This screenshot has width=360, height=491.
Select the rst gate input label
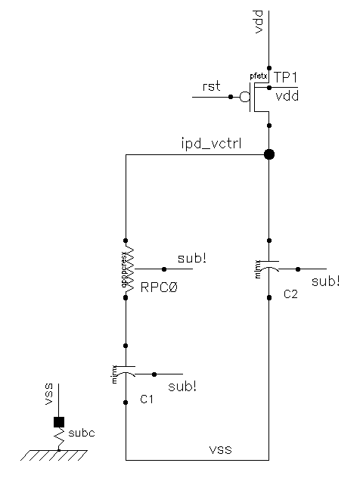coord(212,86)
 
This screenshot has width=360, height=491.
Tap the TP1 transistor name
coord(284,77)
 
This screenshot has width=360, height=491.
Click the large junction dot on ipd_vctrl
coord(268,154)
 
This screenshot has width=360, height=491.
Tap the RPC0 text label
coord(158,287)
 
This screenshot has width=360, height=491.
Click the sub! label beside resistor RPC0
coord(191,259)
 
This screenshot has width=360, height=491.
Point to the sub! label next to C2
coord(325,281)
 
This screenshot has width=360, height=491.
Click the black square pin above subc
coord(58,422)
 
